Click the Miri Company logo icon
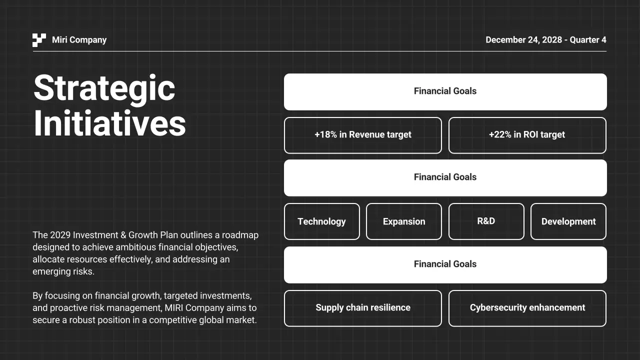click(39, 40)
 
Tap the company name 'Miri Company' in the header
click(79, 40)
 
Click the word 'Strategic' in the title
click(104, 88)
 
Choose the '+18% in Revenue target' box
click(363, 135)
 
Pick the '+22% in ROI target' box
click(527, 135)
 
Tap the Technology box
click(321, 221)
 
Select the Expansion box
click(404, 221)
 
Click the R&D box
click(486, 221)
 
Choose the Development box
click(568, 221)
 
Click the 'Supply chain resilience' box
click(363, 308)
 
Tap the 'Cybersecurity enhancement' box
click(527, 308)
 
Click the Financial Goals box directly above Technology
click(445, 177)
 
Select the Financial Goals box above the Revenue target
click(445, 91)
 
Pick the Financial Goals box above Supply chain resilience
click(445, 264)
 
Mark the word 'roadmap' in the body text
click(240, 235)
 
